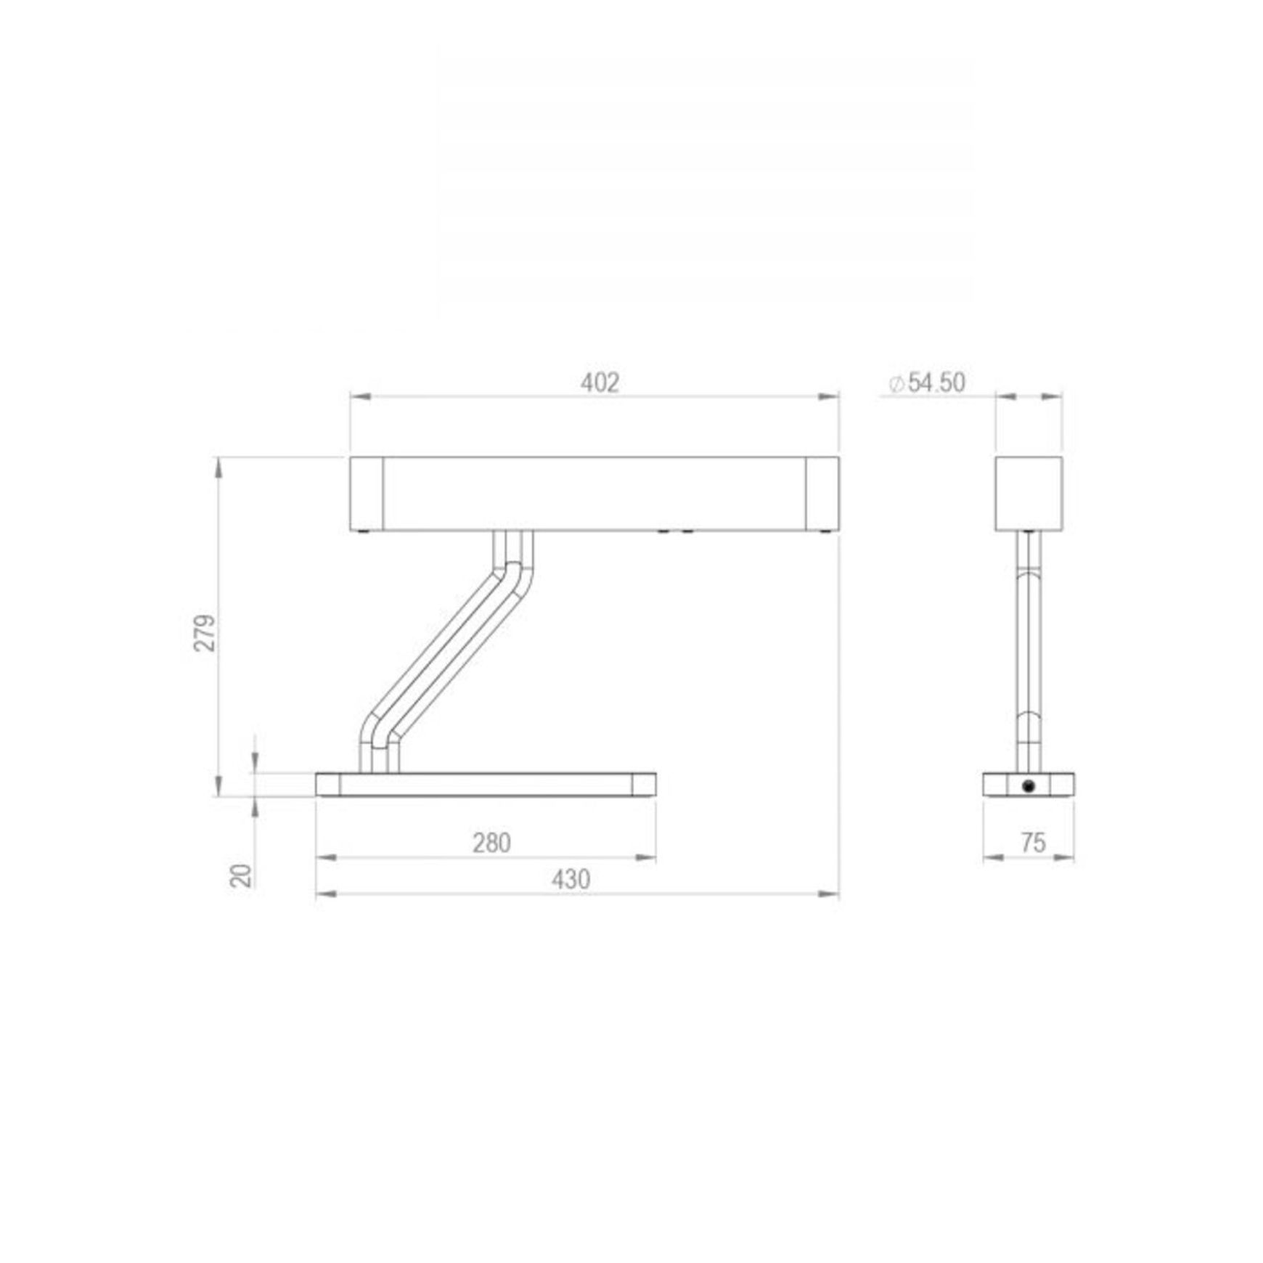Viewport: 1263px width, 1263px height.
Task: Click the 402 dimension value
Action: click(x=600, y=383)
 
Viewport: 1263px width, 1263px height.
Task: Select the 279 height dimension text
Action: click(x=205, y=633)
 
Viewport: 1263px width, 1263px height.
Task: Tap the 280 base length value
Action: click(x=492, y=843)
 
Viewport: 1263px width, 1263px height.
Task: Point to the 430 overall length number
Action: click(x=571, y=879)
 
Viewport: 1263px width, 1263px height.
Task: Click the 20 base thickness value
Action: click(x=242, y=875)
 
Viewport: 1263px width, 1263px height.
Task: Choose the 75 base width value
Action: click(x=1033, y=843)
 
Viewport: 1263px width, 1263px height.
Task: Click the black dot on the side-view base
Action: click(x=1028, y=785)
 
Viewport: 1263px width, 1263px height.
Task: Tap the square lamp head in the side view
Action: click(x=1029, y=494)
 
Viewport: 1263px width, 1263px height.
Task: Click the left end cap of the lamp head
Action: click(x=367, y=494)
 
